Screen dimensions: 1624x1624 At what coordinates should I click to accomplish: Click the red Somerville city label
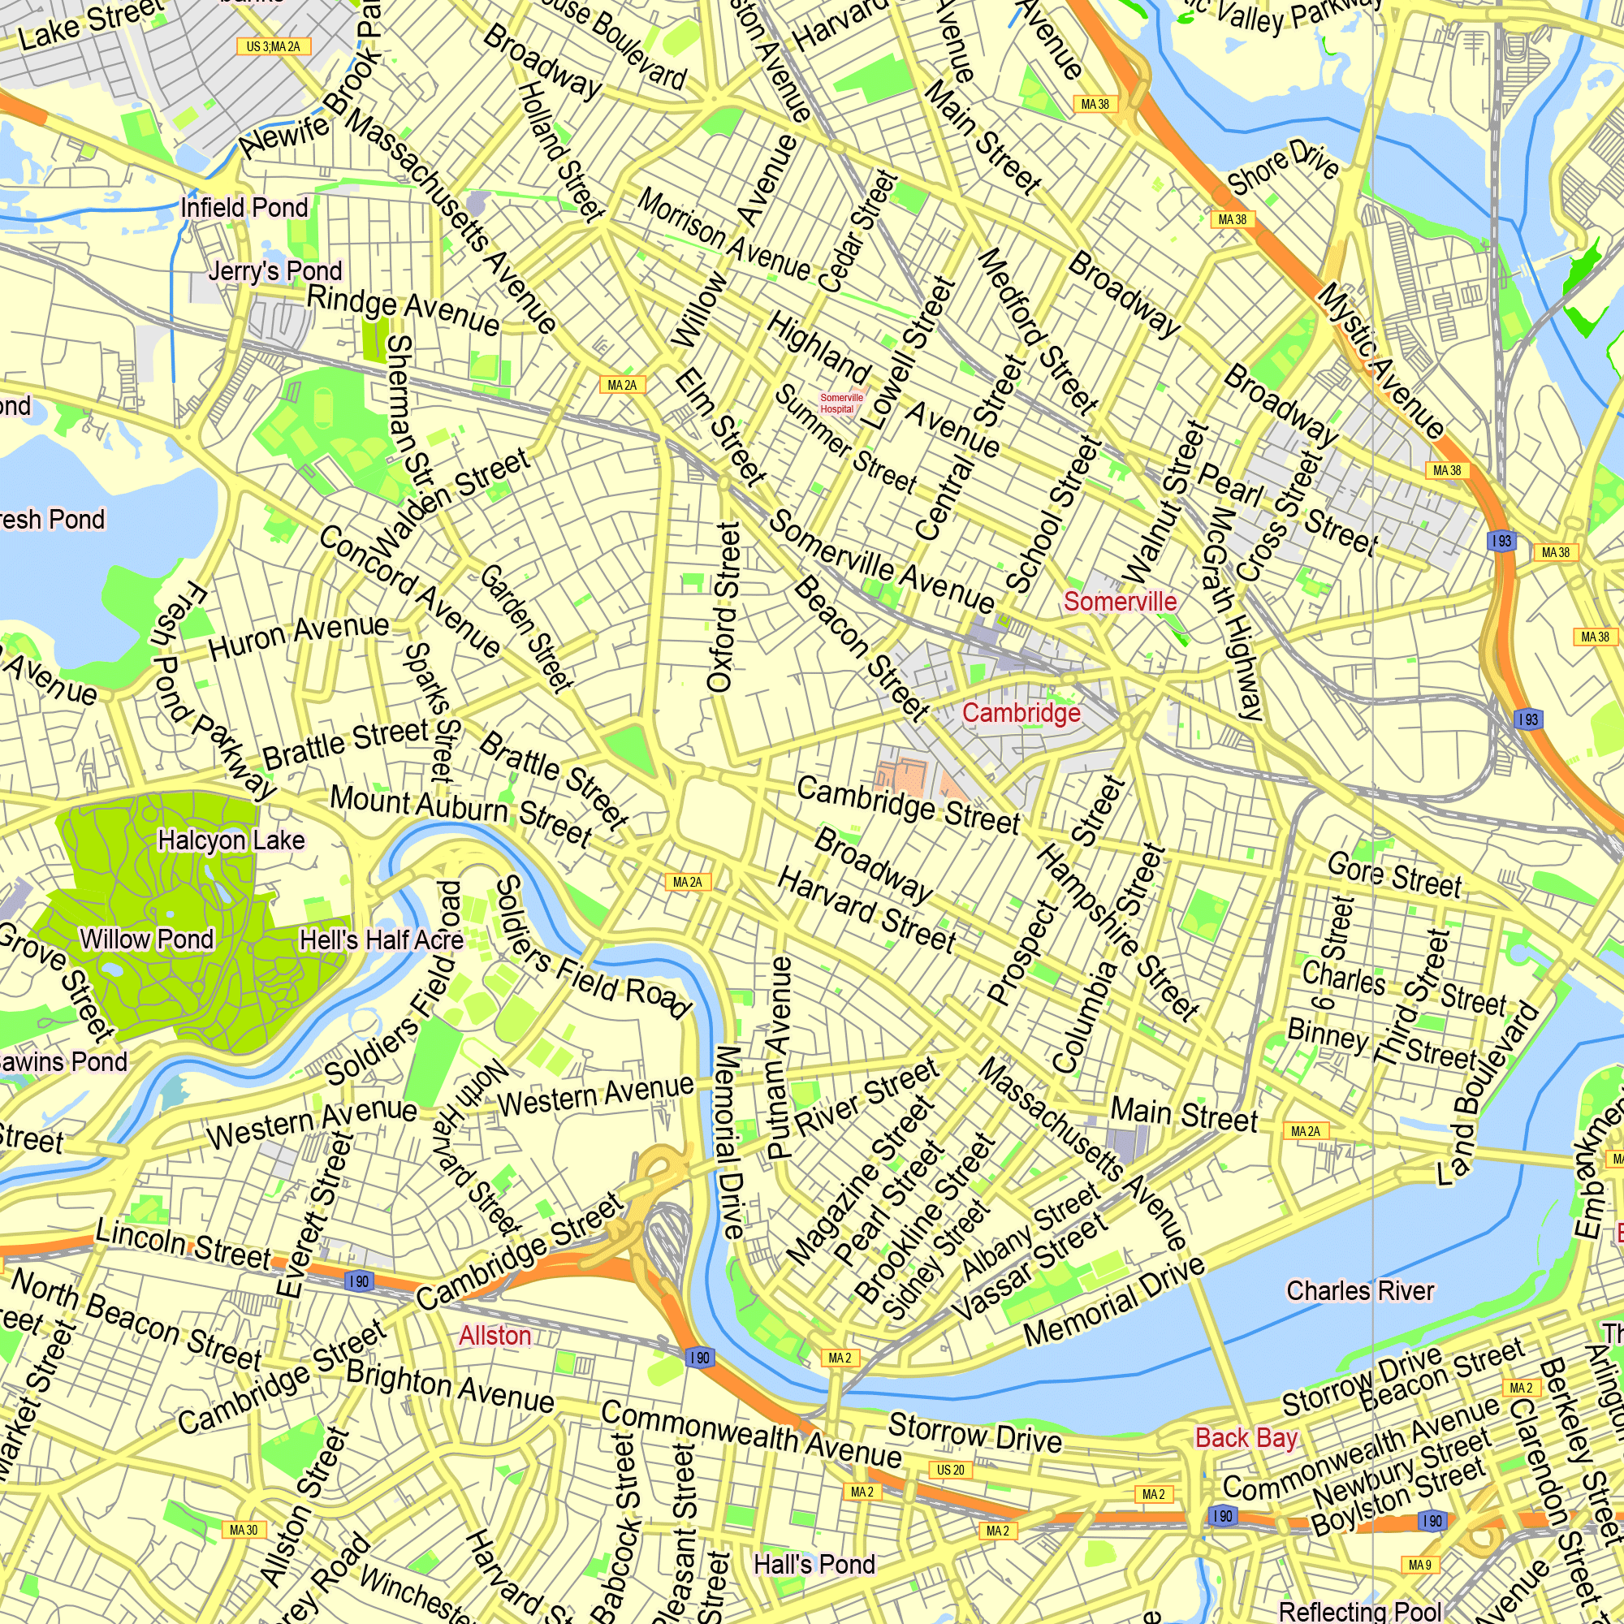pyautogui.click(x=1120, y=601)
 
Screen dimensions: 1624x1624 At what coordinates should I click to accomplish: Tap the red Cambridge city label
pyautogui.click(x=1021, y=713)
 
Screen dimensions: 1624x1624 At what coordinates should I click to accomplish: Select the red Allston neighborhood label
pyautogui.click(x=495, y=1336)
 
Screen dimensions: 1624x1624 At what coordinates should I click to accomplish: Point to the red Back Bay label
pyautogui.click(x=1246, y=1438)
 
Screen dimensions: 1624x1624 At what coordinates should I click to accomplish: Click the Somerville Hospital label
pyautogui.click(x=840, y=404)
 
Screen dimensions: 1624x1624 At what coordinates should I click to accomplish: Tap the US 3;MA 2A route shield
pyautogui.click(x=273, y=46)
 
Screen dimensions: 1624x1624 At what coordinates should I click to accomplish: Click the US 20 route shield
pyautogui.click(x=951, y=1471)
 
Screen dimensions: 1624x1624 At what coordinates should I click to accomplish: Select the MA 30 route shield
pyautogui.click(x=244, y=1530)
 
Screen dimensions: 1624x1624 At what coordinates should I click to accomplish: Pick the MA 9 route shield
pyautogui.click(x=1419, y=1565)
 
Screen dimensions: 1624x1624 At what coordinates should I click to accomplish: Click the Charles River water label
pyautogui.click(x=1359, y=1290)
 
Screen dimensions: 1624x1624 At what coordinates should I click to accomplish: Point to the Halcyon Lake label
pyautogui.click(x=231, y=840)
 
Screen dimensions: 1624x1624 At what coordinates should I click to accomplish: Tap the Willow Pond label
pyautogui.click(x=146, y=939)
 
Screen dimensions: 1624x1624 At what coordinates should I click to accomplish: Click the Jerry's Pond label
pyautogui.click(x=275, y=270)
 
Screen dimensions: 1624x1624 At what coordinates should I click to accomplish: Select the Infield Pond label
pyautogui.click(x=244, y=207)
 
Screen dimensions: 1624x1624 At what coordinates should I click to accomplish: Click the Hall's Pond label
pyautogui.click(x=814, y=1565)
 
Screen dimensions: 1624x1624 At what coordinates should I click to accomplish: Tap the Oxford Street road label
pyautogui.click(x=724, y=607)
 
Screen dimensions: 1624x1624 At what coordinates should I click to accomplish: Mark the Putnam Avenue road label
pyautogui.click(x=780, y=1058)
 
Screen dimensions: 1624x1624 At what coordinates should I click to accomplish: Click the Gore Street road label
pyautogui.click(x=1394, y=875)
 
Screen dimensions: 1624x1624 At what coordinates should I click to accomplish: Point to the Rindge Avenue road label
pyautogui.click(x=403, y=309)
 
